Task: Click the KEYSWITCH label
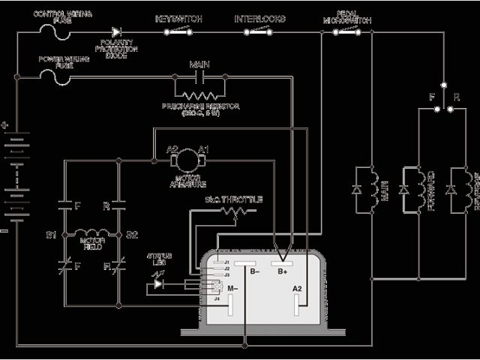coord(178,17)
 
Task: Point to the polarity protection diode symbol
coord(116,32)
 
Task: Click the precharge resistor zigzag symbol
coord(199,94)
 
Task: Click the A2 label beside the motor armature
coord(172,149)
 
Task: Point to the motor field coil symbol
coord(91,234)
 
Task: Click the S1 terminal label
coord(51,235)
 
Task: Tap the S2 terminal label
coord(132,235)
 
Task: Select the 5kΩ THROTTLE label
coord(233,199)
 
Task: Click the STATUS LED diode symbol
coord(158,283)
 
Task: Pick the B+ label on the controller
coord(283,272)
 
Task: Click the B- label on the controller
coord(255,272)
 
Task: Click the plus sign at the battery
coord(6,126)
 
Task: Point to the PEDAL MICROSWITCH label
coord(346,17)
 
